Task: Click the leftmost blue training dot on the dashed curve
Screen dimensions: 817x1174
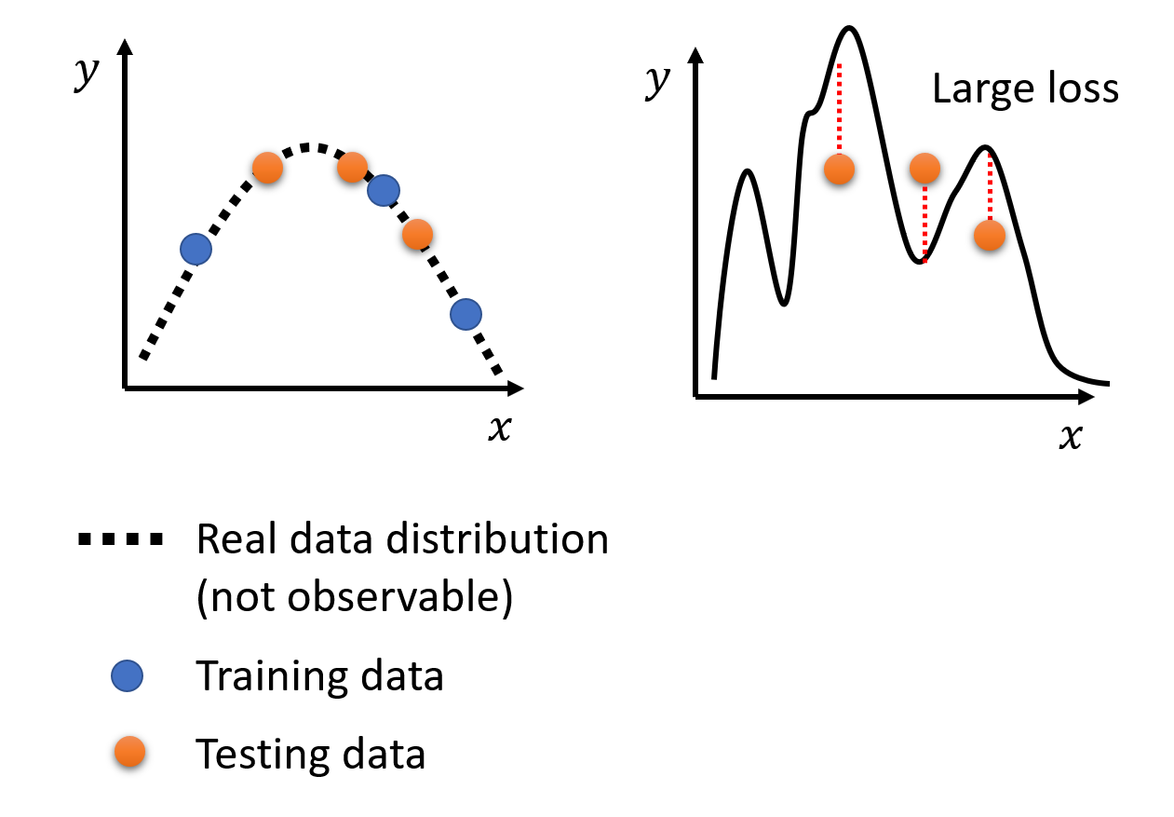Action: [x=196, y=250]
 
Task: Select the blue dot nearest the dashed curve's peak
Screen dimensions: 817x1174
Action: [x=384, y=190]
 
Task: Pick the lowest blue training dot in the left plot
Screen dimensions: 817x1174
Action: [x=466, y=315]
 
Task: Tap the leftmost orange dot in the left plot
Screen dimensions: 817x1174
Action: [x=268, y=168]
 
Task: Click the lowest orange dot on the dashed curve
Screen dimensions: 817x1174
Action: [x=417, y=234]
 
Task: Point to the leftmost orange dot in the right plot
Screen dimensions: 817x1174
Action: [x=839, y=169]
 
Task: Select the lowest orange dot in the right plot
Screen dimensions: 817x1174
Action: [x=990, y=235]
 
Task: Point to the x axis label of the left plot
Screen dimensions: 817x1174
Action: [x=500, y=428]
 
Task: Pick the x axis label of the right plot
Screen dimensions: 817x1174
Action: [x=1071, y=436]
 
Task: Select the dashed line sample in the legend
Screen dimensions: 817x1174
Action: [x=121, y=538]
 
